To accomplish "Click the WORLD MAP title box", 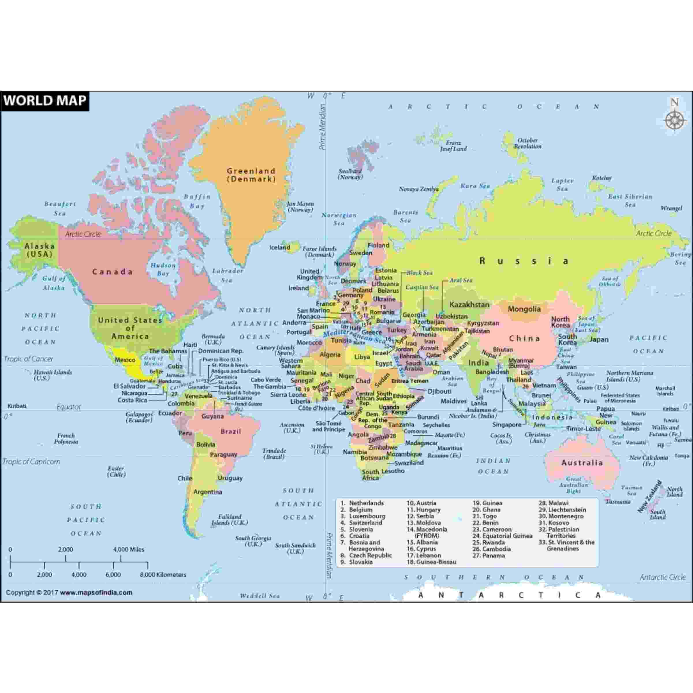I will tap(45, 100).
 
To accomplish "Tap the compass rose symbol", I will tap(674, 120).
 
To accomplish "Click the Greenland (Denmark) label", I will tap(251, 175).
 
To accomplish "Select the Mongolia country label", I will tap(524, 309).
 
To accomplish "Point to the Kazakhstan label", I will tap(469, 305).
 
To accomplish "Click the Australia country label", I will tap(582, 463).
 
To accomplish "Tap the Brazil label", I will tap(231, 431).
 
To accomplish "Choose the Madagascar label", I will tap(421, 443).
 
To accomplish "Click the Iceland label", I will tap(279, 248).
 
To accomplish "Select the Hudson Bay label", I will tap(163, 269).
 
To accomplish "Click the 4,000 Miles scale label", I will tap(128, 550).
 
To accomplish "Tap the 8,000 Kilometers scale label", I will tap(163, 575).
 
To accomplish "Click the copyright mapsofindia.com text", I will tap(69, 593).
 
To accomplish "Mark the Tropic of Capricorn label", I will tap(31, 462).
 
